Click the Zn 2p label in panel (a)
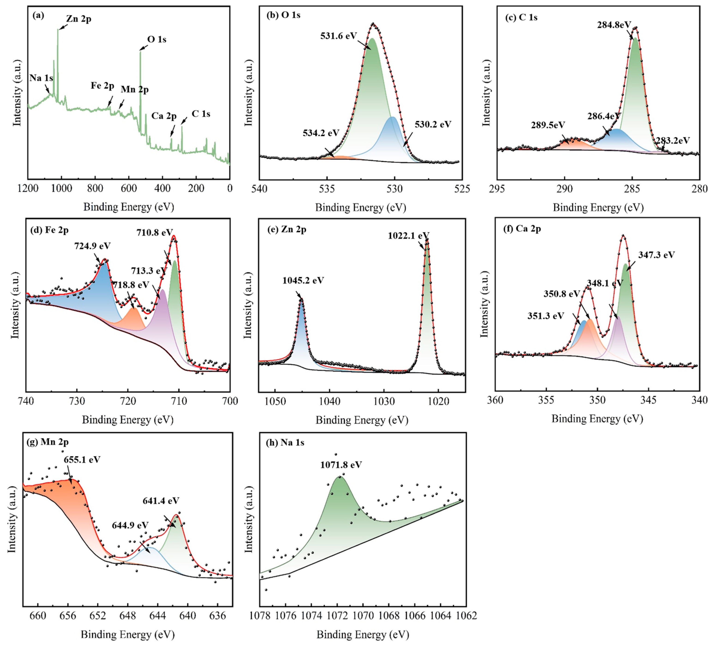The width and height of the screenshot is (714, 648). [x=79, y=19]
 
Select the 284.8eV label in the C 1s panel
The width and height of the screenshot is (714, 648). [x=614, y=25]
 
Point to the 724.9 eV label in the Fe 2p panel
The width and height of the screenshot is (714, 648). [x=92, y=246]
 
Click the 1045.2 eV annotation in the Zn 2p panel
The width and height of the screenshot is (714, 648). [x=303, y=281]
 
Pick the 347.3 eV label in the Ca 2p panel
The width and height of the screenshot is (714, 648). [x=656, y=255]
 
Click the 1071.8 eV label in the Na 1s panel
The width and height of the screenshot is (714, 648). [x=341, y=465]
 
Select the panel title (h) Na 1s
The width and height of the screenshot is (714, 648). [x=285, y=443]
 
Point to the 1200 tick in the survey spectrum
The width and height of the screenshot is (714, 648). [x=28, y=188]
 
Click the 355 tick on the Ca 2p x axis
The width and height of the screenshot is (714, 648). [x=546, y=400]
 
